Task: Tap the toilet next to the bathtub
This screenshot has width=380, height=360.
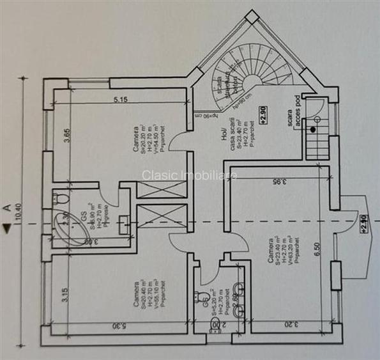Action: [56, 200]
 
